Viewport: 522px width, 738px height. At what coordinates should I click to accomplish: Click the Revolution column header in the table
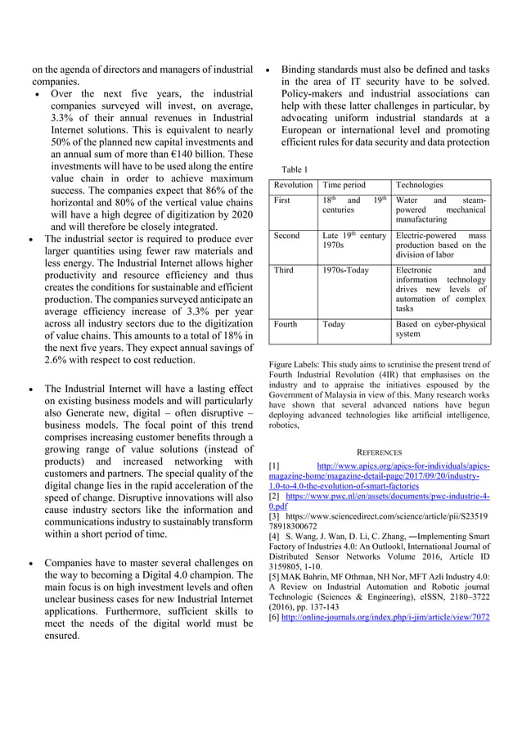[x=293, y=185]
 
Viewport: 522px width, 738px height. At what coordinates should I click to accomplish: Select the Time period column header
[x=344, y=185]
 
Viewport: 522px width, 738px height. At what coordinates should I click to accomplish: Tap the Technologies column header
[x=419, y=185]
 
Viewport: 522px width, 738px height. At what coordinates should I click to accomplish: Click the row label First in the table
[x=282, y=200]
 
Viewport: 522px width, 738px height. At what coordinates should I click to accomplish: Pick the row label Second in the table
[x=286, y=236]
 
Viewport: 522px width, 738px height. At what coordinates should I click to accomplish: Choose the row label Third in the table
[x=283, y=269]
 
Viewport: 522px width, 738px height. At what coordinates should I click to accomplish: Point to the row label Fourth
[x=286, y=324]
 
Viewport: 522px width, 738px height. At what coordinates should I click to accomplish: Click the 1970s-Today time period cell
[x=346, y=269]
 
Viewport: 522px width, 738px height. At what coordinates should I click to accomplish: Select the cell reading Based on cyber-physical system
[x=440, y=329]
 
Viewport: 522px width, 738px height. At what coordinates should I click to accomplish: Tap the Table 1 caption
[x=295, y=169]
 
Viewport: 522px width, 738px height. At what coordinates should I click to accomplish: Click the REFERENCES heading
[x=379, y=452]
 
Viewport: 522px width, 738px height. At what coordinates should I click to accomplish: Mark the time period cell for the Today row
[x=334, y=324]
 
